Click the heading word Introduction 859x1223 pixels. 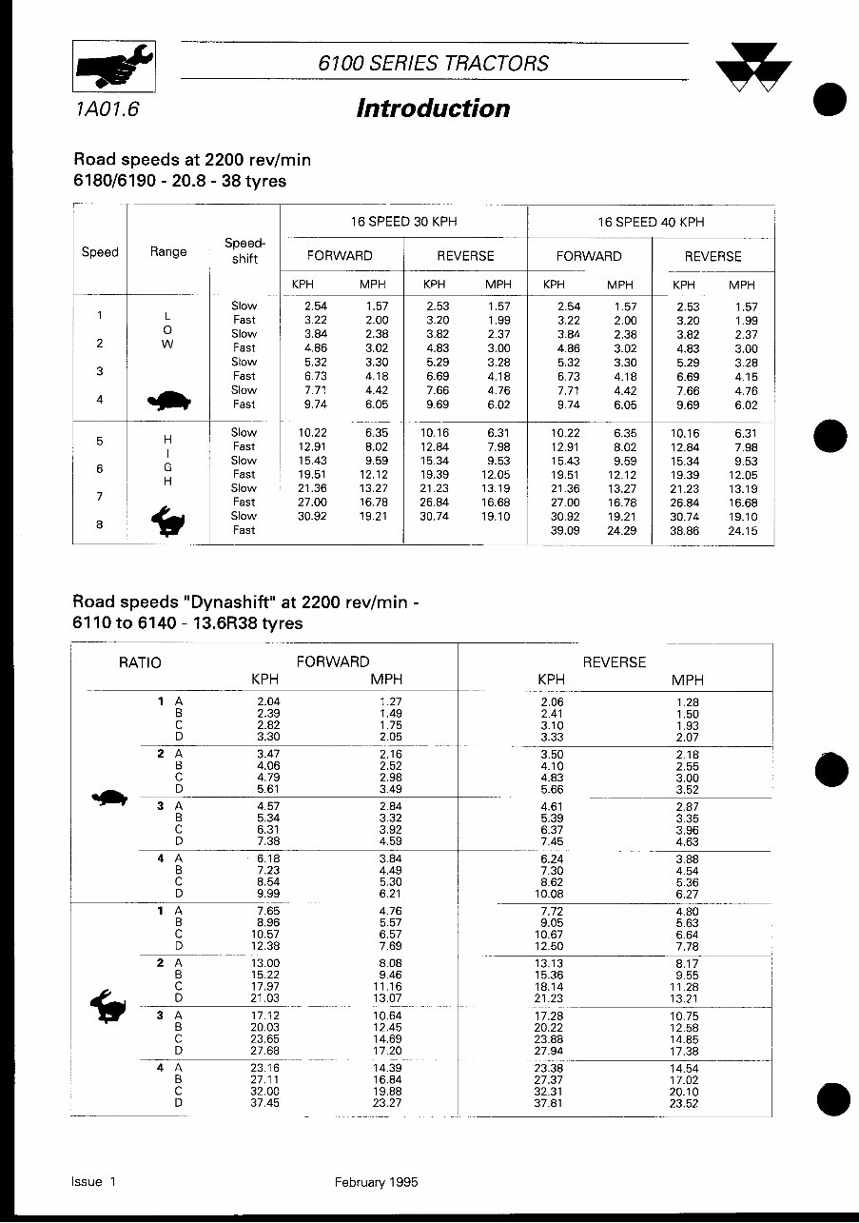pyautogui.click(x=433, y=108)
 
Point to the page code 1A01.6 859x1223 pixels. pyautogui.click(x=105, y=109)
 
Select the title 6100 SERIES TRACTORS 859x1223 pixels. pyautogui.click(x=434, y=64)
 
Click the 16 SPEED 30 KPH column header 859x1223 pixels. pyautogui.click(x=403, y=222)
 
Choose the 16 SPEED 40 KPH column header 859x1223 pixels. pyautogui.click(x=651, y=222)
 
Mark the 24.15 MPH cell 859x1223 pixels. pyautogui.click(x=742, y=530)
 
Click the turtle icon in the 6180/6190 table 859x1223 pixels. pyautogui.click(x=168, y=401)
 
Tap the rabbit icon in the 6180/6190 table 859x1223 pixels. pyautogui.click(x=168, y=521)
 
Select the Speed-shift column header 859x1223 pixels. pyautogui.click(x=244, y=251)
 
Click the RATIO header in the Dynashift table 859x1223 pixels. pyautogui.click(x=140, y=662)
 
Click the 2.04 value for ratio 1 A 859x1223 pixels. pyautogui.click(x=268, y=701)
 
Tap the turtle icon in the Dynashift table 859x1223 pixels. pyautogui.click(x=110, y=797)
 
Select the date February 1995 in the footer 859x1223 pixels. pyautogui.click(x=376, y=1182)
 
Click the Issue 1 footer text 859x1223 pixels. pyautogui.click(x=93, y=1182)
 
